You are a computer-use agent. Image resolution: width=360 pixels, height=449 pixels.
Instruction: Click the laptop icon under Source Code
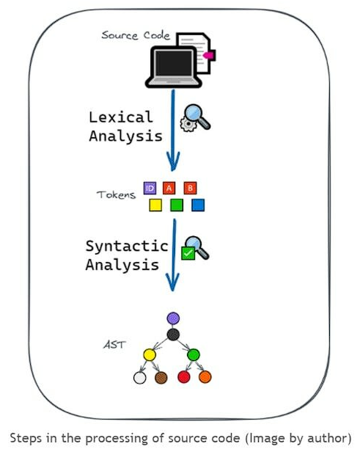[174, 67]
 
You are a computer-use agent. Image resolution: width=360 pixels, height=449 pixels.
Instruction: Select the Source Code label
[136, 35]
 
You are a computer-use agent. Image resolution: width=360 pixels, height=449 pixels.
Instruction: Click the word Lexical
[121, 117]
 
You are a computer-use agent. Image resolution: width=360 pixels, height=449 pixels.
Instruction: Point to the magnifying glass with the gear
[195, 117]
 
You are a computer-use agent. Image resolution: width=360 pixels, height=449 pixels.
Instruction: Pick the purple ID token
[150, 188]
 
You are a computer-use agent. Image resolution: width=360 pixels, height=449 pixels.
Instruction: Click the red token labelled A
[169, 188]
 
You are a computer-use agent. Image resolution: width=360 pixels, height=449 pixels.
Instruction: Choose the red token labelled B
[191, 188]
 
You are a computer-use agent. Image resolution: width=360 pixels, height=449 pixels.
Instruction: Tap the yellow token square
[155, 205]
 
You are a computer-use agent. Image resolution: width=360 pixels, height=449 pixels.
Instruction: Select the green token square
[177, 205]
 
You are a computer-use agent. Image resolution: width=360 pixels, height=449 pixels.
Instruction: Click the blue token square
[198, 205]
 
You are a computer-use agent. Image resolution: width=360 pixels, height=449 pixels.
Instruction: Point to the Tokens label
[116, 194]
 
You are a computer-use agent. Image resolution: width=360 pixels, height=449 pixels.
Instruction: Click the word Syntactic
[127, 246]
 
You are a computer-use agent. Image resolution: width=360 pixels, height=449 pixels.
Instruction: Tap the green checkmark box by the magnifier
[188, 253]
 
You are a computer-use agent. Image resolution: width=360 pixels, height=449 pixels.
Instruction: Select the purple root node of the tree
[173, 318]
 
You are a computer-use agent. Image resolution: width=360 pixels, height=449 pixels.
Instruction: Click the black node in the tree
[173, 335]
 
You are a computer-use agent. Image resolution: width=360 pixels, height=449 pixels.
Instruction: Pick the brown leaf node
[161, 377]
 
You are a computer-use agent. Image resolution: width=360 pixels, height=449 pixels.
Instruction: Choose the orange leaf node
[205, 377]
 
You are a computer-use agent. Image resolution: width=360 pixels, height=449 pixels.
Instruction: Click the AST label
[114, 345]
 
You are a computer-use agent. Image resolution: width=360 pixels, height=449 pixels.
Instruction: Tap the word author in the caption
[328, 439]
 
